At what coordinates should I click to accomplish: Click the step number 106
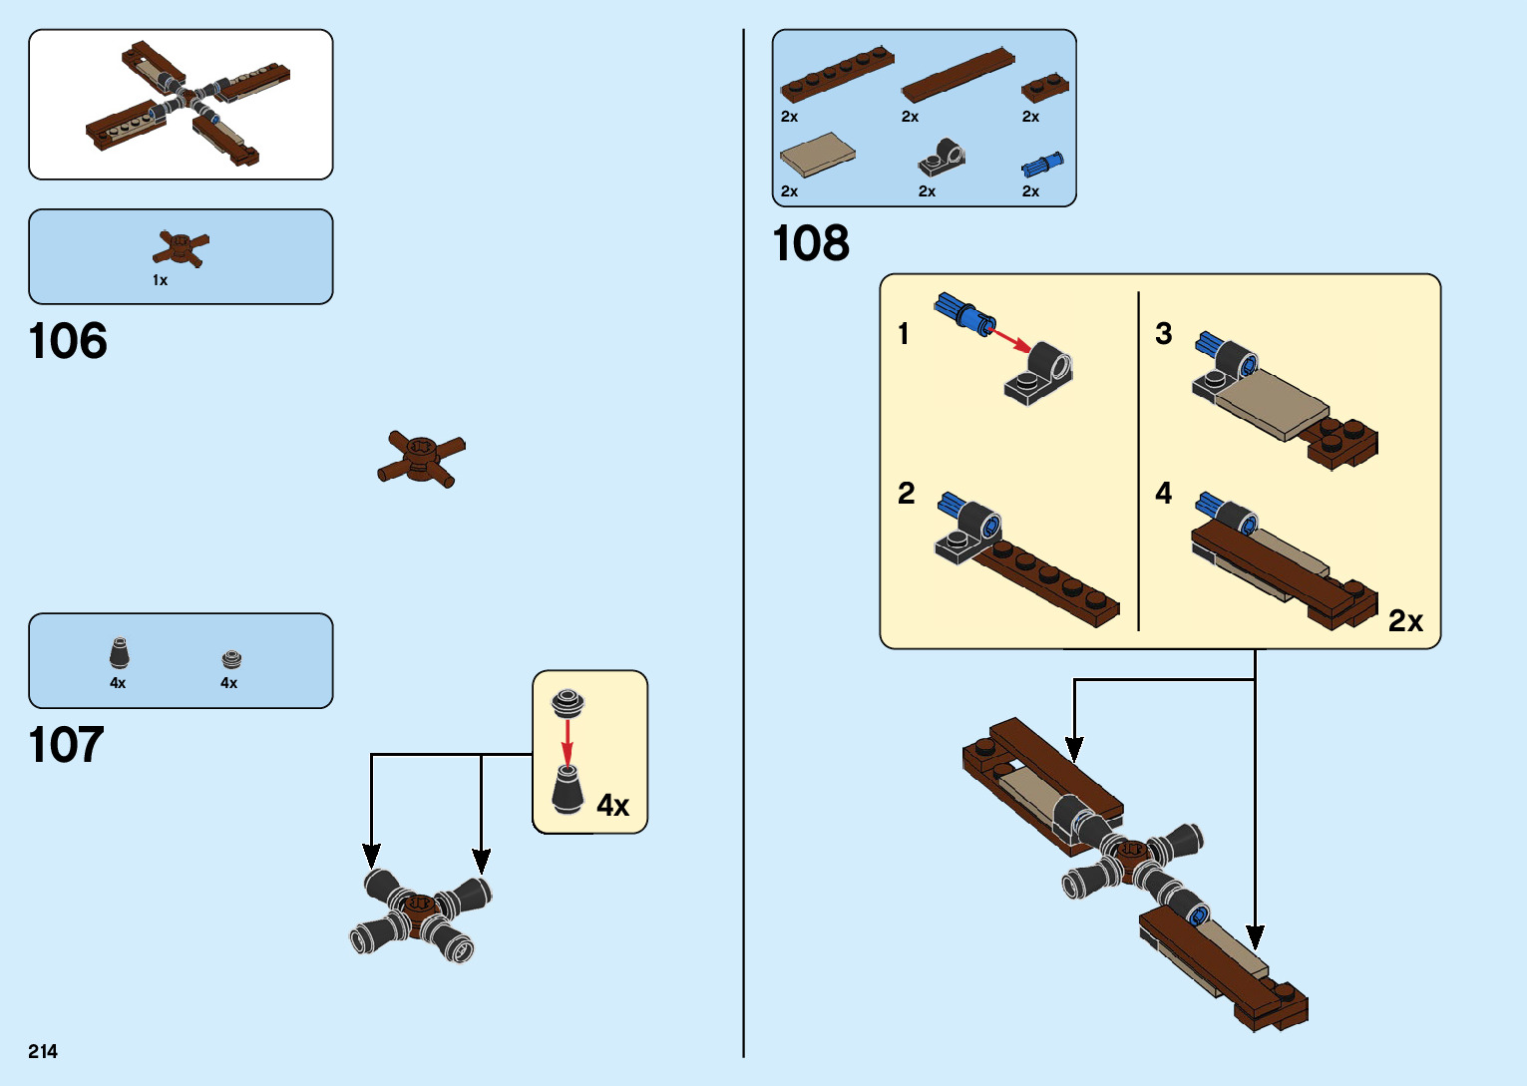[68, 342]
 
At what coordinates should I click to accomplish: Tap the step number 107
[66, 745]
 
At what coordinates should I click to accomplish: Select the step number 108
[811, 243]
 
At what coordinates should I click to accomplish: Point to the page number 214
[43, 1051]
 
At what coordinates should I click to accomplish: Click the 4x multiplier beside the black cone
[612, 805]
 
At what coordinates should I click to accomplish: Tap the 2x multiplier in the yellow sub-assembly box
[1405, 621]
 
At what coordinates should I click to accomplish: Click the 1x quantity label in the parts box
[160, 280]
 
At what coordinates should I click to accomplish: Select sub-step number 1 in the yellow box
[904, 333]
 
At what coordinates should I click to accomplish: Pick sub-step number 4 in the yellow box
[1163, 493]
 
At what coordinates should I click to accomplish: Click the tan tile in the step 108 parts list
[817, 154]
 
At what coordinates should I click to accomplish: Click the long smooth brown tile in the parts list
[957, 75]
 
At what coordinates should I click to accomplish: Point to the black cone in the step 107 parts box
[119, 653]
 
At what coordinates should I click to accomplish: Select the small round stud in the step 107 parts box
[231, 659]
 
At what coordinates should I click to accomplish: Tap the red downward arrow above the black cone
[568, 742]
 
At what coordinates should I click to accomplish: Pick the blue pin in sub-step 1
[963, 312]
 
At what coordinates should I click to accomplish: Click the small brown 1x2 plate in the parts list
[1044, 88]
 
